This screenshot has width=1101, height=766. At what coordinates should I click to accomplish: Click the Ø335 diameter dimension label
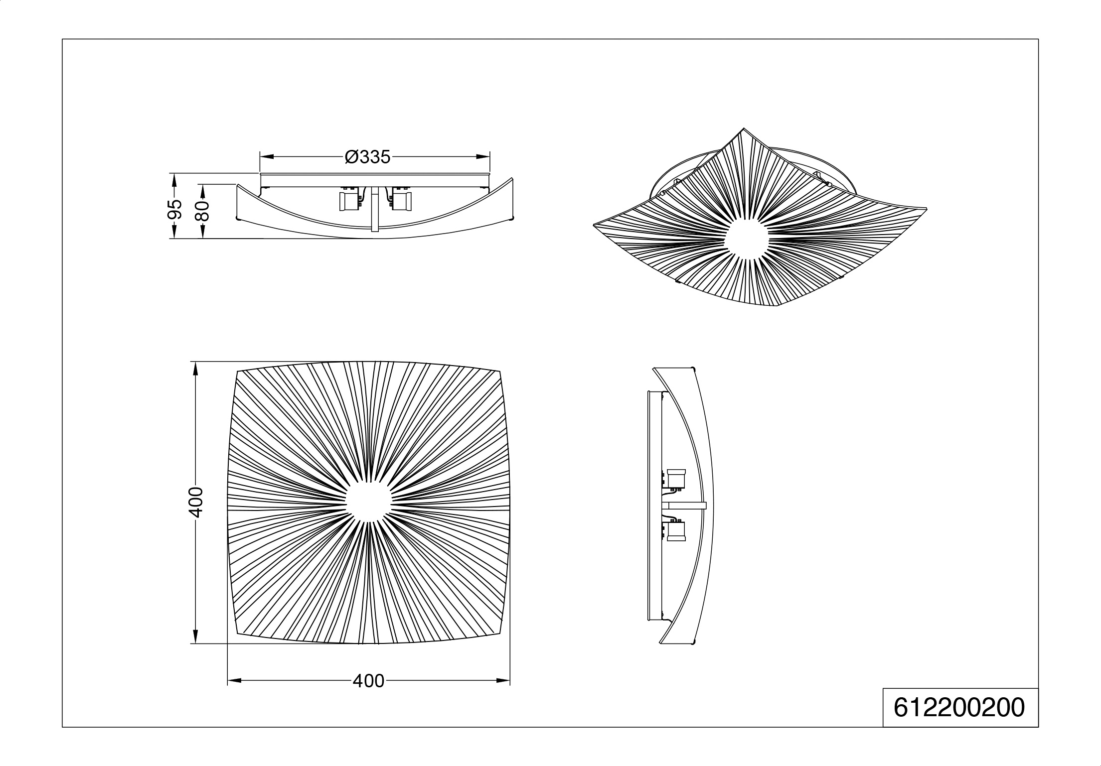368,157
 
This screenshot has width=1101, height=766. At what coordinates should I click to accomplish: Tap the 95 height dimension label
174,210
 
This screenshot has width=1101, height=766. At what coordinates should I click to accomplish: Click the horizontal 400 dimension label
368,681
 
